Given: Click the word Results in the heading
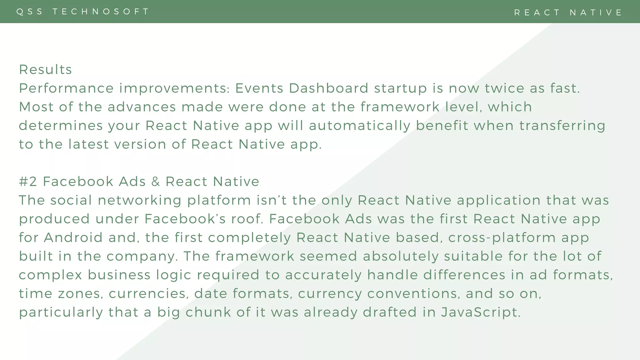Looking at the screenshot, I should pyautogui.click(x=45, y=69).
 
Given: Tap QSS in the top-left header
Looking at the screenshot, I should pyautogui.click(x=30, y=12).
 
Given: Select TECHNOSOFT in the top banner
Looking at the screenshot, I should pyautogui.click(x=101, y=12).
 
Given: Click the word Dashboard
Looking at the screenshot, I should pyautogui.click(x=328, y=88).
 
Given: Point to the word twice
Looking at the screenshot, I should pyautogui.click(x=504, y=88).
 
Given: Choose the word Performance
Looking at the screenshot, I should pyautogui.click(x=66, y=88).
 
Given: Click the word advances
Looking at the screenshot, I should pyautogui.click(x=142, y=107).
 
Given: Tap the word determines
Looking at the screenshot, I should pyautogui.click(x=61, y=126).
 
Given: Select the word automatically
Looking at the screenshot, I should pyautogui.click(x=359, y=126).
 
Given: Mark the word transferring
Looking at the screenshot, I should pyautogui.click(x=562, y=126).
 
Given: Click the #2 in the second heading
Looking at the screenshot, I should pyautogui.click(x=28, y=182).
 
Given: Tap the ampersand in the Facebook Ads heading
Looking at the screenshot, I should pyautogui.click(x=155, y=182).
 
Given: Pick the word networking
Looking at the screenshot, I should pyautogui.click(x=139, y=200).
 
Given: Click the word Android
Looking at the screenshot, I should pyautogui.click(x=73, y=237).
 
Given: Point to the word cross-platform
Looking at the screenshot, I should pyautogui.click(x=519, y=237).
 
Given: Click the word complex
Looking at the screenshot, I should pyautogui.click(x=50, y=275).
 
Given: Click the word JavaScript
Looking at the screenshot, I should pyautogui.click(x=480, y=312).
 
